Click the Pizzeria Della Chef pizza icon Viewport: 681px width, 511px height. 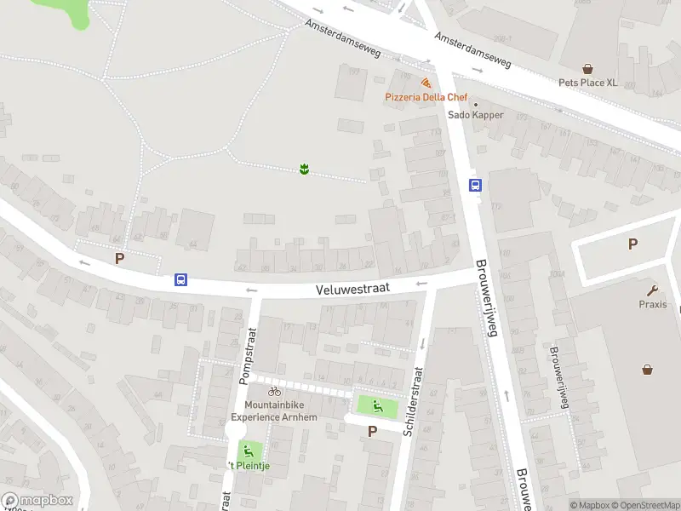(x=425, y=83)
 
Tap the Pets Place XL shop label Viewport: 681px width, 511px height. (x=587, y=83)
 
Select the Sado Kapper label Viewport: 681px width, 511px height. (x=476, y=115)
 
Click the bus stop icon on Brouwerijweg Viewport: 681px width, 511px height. (x=475, y=185)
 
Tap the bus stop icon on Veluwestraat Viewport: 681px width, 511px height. (x=180, y=279)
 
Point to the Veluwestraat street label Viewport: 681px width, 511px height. (x=352, y=289)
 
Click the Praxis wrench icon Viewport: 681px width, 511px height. (x=653, y=290)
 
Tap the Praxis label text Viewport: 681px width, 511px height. (x=653, y=304)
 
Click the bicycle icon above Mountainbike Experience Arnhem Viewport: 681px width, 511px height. (x=274, y=391)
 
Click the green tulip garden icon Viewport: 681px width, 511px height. (x=304, y=170)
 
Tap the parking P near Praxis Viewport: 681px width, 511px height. (x=632, y=244)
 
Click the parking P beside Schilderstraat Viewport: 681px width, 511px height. (x=371, y=431)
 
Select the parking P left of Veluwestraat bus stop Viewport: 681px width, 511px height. (x=120, y=258)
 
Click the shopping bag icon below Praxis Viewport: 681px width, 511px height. (x=648, y=369)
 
